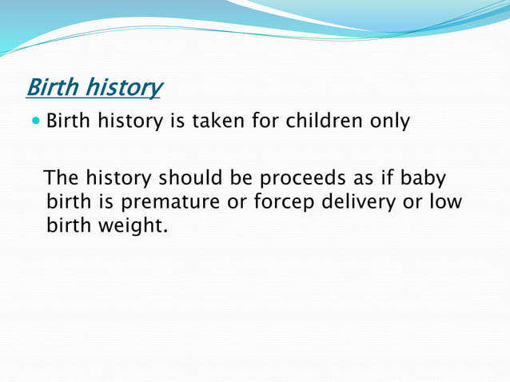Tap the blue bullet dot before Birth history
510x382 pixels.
coord(36,121)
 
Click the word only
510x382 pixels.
coord(389,122)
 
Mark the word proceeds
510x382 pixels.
coord(302,178)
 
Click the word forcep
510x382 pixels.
coord(284,203)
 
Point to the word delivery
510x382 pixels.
coord(358,203)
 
